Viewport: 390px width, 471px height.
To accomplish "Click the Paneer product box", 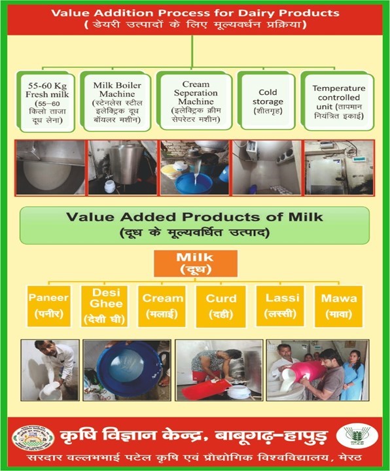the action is [x=48, y=306].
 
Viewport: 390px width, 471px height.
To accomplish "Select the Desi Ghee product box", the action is [x=104, y=306].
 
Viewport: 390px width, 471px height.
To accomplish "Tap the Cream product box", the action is [x=162, y=306].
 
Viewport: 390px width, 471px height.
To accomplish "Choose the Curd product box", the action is [x=221, y=306].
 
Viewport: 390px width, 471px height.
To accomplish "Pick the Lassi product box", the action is [x=280, y=305].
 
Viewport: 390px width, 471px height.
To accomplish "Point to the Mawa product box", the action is [x=338, y=306].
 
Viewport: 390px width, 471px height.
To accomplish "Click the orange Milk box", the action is [x=195, y=264].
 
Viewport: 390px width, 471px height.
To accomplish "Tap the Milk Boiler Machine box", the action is [x=116, y=101].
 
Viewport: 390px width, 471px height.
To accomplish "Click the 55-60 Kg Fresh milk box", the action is [x=46, y=102].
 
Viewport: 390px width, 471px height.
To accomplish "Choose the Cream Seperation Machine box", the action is [x=195, y=101].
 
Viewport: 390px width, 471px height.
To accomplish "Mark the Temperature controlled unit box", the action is [x=338, y=101].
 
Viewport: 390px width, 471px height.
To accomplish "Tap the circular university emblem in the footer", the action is [x=33, y=438].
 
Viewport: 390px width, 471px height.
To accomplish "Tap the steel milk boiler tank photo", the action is [x=122, y=167].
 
